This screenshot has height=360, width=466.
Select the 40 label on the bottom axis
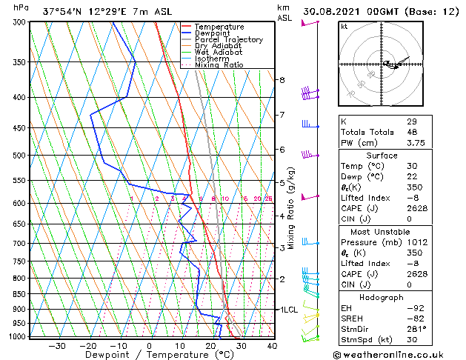[x=272, y=345]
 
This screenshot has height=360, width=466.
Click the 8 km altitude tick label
[x=282, y=80]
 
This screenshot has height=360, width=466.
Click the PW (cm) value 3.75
[x=417, y=143]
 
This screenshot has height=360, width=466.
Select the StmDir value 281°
[x=417, y=329]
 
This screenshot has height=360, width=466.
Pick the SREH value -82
[x=415, y=318]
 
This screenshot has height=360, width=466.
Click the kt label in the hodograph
[x=344, y=26]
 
